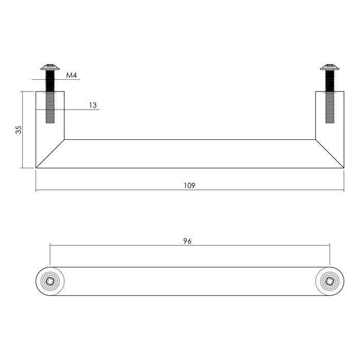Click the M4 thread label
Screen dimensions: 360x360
coord(71,76)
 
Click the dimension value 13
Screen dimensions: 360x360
coord(93,105)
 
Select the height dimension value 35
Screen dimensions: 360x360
coord(19,130)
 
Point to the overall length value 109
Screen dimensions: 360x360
coord(189,185)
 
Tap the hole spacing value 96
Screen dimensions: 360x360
coord(187,241)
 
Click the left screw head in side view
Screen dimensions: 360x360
coord(50,67)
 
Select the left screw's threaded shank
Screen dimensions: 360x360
coord(50,98)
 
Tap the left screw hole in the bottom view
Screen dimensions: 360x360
coord(50,281)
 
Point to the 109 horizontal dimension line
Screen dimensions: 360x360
coord(129,191)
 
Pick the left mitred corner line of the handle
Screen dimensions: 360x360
coord(50,153)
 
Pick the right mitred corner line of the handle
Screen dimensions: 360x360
coord(330,153)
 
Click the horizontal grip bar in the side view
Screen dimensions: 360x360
coord(189,153)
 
